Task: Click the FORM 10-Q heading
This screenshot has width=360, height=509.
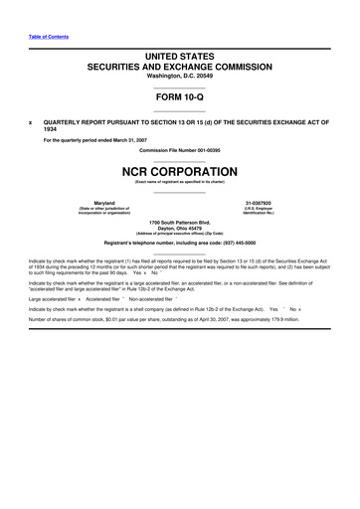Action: pos(179,100)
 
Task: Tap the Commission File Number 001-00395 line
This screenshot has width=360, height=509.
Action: pos(179,147)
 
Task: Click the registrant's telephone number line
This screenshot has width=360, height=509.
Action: pos(179,243)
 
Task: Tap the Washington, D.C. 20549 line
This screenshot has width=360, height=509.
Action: pos(179,77)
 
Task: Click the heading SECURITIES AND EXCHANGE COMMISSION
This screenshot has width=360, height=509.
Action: pos(179,66)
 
